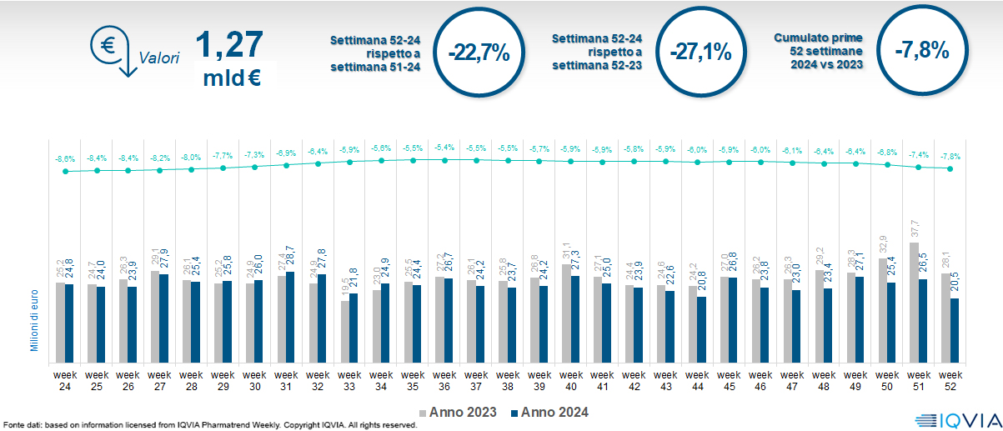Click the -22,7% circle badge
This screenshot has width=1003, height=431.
pyautogui.click(x=479, y=53)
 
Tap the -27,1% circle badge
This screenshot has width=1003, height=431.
pyautogui.click(x=700, y=53)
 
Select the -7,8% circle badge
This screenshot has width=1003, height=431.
pyautogui.click(x=921, y=51)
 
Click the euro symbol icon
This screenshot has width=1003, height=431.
pyautogui.click(x=108, y=47)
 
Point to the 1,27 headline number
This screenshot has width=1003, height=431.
pyautogui.click(x=228, y=45)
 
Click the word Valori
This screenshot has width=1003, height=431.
pyautogui.click(x=158, y=58)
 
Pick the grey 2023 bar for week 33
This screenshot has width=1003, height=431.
pyautogui.click(x=344, y=329)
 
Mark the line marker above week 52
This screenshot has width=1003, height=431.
pyautogui.click(x=950, y=168)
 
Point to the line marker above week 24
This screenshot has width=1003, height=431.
pyautogui.click(x=65, y=172)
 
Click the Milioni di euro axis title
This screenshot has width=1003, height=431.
pyautogui.click(x=35, y=317)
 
